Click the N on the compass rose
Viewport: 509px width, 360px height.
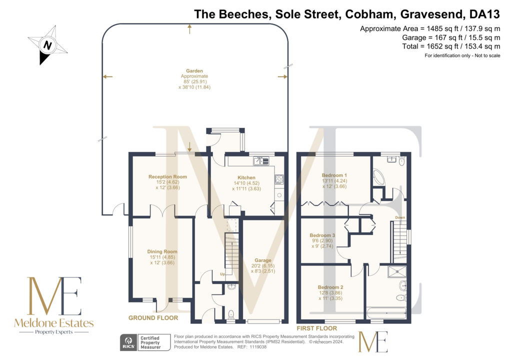point(47,45)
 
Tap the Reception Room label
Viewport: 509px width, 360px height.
point(167,177)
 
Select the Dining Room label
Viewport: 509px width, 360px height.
point(162,251)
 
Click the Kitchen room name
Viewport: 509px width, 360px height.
point(246,177)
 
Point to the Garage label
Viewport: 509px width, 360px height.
point(263,260)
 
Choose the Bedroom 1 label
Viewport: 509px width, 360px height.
point(334,175)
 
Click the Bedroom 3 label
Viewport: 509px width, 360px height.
point(322,235)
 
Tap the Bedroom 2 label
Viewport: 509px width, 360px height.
point(330,287)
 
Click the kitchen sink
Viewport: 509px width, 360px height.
point(261,160)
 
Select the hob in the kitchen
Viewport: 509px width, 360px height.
point(279,179)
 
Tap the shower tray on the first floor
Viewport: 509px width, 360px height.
point(396,271)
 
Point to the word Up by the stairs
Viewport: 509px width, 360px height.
point(222,274)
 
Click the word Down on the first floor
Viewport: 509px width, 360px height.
point(400,217)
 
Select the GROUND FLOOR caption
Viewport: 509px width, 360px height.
point(153,318)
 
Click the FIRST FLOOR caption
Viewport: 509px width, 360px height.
point(317,328)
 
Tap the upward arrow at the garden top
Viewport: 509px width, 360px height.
point(189,29)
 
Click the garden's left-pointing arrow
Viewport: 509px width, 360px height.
point(107,77)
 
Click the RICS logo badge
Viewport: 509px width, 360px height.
point(129,342)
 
